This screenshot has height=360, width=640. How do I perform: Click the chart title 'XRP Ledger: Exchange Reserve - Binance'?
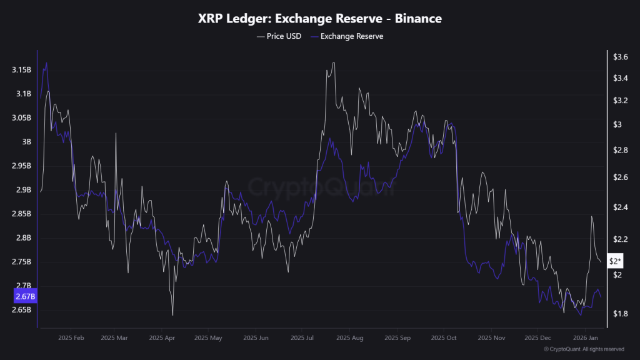click(319, 19)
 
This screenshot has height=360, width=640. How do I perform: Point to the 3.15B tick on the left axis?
click(22, 69)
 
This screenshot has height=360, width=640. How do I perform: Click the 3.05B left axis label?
click(22, 117)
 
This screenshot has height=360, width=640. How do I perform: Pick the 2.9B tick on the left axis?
click(24, 189)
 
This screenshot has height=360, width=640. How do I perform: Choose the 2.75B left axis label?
click(22, 262)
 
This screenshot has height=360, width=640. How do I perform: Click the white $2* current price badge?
click(616, 261)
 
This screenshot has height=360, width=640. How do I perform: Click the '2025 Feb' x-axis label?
click(70, 337)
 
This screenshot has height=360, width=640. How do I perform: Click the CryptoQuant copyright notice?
click(584, 349)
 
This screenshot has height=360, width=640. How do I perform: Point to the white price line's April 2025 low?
click(172, 314)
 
